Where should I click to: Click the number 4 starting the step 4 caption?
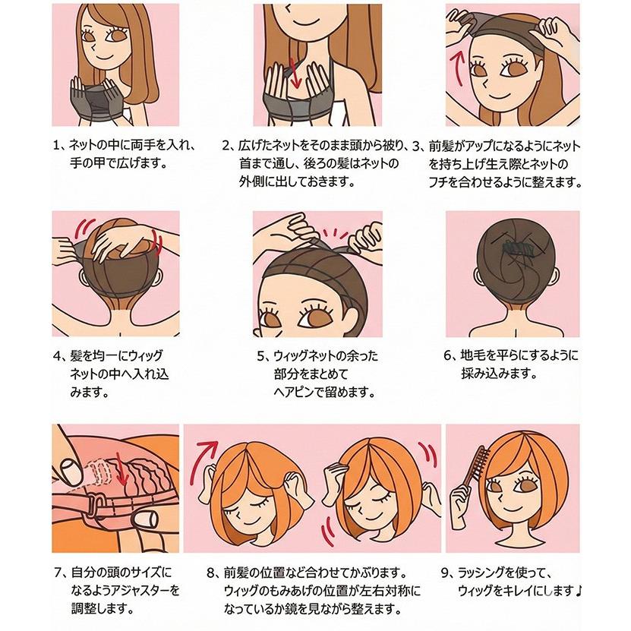[x=57, y=355]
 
